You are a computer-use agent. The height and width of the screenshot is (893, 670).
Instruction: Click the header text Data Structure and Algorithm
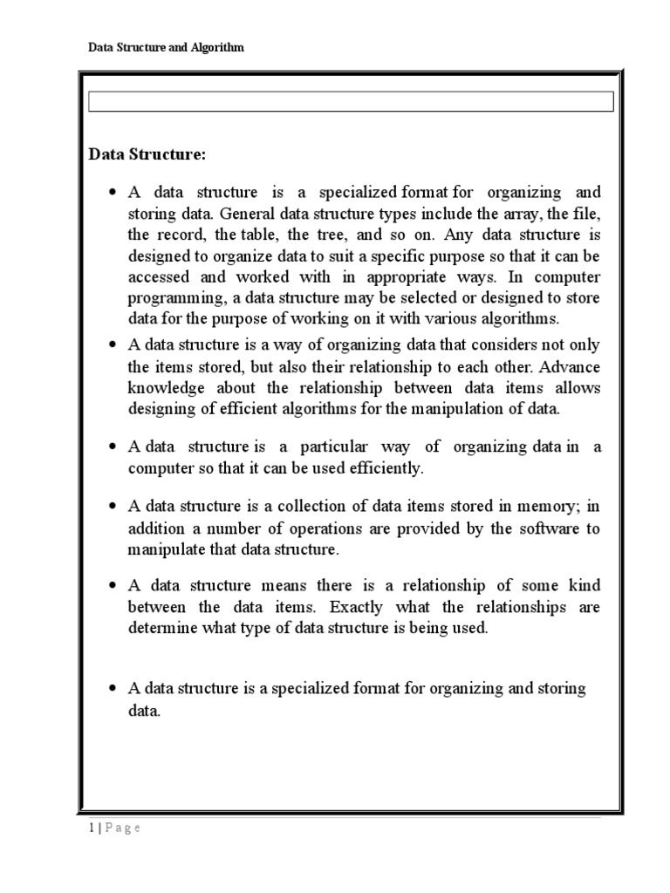point(167,48)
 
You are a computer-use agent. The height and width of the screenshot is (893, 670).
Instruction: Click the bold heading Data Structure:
point(147,154)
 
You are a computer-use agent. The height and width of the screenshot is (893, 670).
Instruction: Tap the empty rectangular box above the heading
point(351,102)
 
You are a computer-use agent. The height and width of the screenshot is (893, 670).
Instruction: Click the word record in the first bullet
point(181,235)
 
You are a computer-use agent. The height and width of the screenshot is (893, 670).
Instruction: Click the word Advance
point(571,365)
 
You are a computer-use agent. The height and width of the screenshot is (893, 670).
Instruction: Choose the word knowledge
point(166,387)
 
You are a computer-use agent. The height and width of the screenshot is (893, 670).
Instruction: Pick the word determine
point(162,628)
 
